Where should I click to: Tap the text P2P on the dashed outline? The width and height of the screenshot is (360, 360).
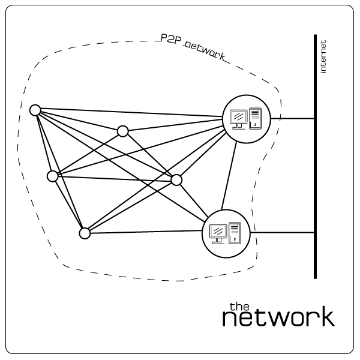click(x=170, y=39)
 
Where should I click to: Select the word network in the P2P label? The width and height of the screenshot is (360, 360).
click(x=205, y=50)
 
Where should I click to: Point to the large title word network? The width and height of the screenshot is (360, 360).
click(x=278, y=318)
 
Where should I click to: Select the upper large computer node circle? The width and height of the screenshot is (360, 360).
click(x=247, y=119)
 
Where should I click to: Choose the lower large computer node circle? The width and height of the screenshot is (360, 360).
click(x=226, y=233)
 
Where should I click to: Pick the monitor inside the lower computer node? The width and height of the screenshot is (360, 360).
click(x=218, y=232)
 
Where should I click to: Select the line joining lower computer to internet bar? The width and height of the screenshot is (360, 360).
click(x=282, y=233)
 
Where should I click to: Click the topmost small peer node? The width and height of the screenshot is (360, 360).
click(x=35, y=110)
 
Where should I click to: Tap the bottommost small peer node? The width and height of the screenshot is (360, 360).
click(x=85, y=233)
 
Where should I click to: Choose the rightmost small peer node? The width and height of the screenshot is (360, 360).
click(x=176, y=179)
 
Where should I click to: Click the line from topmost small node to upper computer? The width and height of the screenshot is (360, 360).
click(x=129, y=114)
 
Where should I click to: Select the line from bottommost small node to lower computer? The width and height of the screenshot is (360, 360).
click(x=144, y=233)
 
